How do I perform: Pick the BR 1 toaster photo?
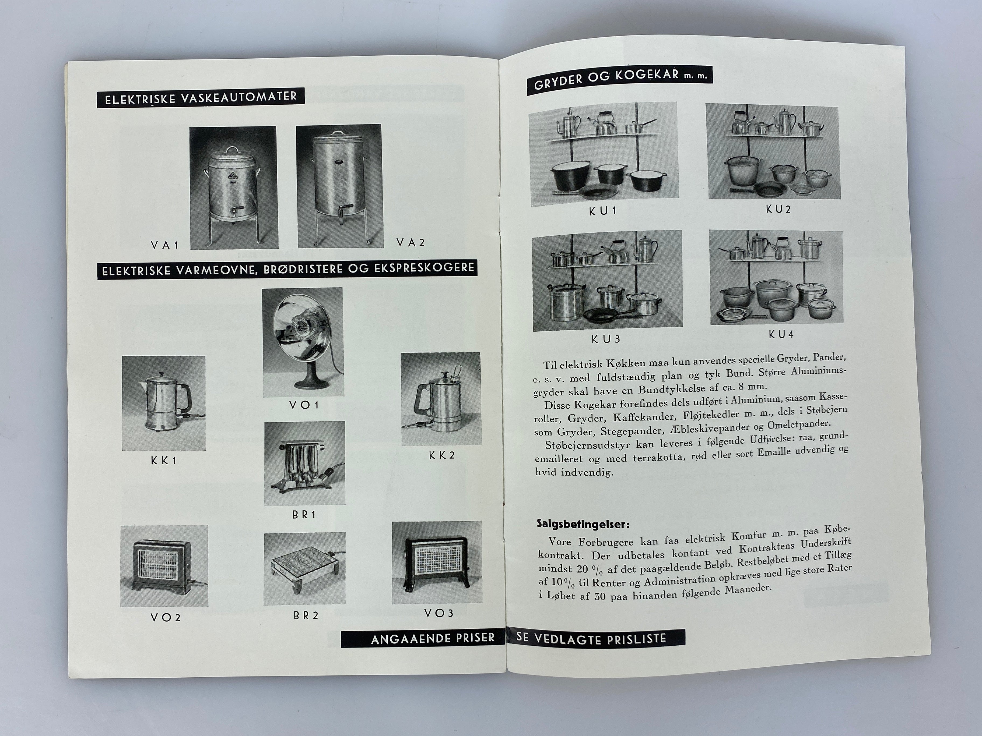(x=304, y=463)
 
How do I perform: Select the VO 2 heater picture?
(x=164, y=566)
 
